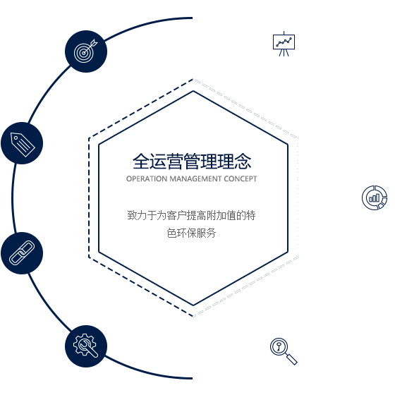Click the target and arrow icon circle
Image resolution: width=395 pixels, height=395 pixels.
point(86,51)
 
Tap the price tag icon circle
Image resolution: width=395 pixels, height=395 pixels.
point(22,143)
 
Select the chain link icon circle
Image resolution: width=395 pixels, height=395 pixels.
point(22,253)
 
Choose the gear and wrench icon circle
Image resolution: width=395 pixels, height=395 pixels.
point(86,346)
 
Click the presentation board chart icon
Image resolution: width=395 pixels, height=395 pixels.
point(284,44)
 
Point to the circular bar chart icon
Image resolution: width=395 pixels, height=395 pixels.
point(375,197)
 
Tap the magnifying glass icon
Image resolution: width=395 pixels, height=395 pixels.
point(284,351)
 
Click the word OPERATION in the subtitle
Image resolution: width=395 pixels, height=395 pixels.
point(147,179)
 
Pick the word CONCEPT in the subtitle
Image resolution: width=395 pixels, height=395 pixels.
point(241,179)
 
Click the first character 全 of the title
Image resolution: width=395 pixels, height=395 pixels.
point(141,162)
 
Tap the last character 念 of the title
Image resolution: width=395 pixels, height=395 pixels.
point(243,162)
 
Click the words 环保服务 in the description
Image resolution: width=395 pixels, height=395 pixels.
point(196,233)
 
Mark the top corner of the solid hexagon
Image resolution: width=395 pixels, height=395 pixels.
point(193,91)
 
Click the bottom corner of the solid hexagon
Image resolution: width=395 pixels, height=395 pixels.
point(193,305)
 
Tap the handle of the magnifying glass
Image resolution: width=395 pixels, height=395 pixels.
point(292,360)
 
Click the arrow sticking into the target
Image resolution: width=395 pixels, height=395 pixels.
point(91,46)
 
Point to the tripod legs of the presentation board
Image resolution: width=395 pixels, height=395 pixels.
point(284,53)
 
